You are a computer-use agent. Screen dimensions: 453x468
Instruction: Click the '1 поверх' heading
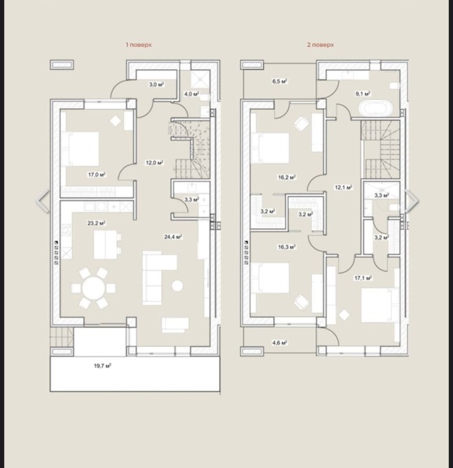click(138, 45)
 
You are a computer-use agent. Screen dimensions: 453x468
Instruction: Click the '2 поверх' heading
click(320, 45)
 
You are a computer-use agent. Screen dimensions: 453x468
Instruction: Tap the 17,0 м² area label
click(97, 175)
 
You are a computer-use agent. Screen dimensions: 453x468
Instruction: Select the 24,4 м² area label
click(173, 237)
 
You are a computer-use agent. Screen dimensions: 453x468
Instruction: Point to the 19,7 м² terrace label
click(103, 365)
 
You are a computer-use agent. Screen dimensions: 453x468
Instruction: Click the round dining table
click(94, 288)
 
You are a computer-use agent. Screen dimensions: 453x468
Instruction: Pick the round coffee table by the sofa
click(178, 286)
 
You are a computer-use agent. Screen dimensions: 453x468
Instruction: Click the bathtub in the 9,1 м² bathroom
click(375, 108)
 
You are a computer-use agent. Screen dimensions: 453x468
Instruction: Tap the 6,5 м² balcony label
click(280, 81)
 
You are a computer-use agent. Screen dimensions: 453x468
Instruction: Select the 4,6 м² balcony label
click(280, 343)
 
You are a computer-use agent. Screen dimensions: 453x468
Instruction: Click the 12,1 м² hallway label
click(344, 187)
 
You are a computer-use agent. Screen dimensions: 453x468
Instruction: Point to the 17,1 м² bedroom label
click(363, 278)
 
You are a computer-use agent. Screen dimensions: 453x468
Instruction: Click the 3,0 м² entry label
click(157, 85)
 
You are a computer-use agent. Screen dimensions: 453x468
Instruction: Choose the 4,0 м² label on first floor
click(192, 94)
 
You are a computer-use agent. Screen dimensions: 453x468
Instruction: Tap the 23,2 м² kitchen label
click(96, 223)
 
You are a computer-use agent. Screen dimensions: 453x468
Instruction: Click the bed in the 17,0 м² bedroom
click(80, 149)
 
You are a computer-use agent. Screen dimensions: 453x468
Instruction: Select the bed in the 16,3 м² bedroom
click(270, 277)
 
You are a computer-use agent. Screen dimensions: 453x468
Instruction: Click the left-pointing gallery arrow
click(42, 201)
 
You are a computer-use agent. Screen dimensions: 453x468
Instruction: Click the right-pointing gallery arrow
click(412, 201)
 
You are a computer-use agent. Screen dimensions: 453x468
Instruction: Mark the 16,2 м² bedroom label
click(287, 177)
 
